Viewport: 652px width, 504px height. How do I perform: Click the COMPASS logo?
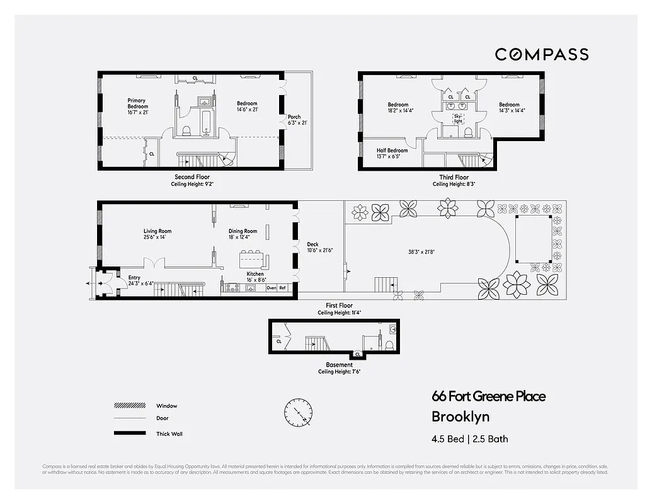pos(541,54)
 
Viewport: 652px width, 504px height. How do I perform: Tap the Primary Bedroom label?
pos(137,104)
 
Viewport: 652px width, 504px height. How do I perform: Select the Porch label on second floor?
pos(294,120)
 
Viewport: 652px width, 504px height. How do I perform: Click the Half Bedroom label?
pos(392,154)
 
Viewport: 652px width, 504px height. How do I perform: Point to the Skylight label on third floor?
pos(458,118)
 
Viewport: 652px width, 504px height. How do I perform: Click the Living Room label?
pos(157,234)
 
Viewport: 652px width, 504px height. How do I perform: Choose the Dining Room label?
pos(243,234)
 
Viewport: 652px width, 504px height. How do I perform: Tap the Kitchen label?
pos(255,277)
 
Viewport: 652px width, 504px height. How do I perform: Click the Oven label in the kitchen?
pos(272,288)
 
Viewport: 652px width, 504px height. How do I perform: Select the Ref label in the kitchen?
pos(282,288)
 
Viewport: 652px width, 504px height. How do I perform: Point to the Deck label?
pos(312,247)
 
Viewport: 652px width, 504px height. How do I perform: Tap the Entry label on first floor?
pos(134,280)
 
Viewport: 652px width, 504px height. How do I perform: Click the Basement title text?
pos(339,365)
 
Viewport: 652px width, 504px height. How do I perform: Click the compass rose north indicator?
pos(298,413)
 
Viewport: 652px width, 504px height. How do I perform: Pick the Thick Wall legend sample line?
pos(130,433)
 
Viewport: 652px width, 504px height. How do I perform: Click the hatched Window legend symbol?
pos(130,406)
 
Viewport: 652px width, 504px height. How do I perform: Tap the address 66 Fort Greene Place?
pos(488,396)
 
